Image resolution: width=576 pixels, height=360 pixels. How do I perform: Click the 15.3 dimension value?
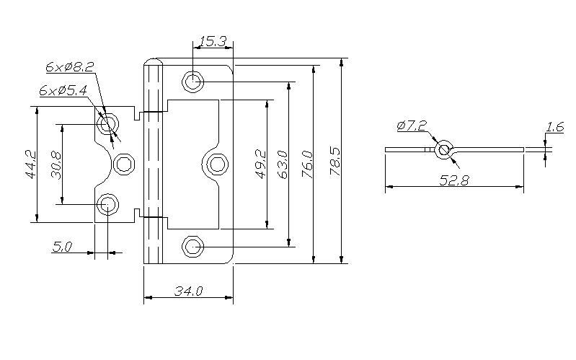[213, 41]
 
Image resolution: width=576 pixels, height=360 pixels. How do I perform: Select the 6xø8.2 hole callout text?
[70, 67]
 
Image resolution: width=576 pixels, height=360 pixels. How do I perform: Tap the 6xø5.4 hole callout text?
[63, 90]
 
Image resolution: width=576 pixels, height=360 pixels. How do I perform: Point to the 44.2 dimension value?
[31, 164]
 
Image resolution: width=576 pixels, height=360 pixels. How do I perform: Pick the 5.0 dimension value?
[63, 247]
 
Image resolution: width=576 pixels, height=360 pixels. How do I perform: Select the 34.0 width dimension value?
[188, 291]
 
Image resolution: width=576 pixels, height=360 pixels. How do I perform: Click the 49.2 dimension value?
[261, 164]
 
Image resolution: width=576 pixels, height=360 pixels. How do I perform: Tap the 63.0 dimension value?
[283, 164]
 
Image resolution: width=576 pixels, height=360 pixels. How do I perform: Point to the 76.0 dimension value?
[307, 164]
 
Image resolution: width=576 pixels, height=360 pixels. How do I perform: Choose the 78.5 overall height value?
[335, 163]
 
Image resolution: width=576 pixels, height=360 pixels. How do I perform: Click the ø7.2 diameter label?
[412, 126]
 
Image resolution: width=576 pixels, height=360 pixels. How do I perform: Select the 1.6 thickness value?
[554, 127]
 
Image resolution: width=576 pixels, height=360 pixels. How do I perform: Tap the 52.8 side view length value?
[454, 180]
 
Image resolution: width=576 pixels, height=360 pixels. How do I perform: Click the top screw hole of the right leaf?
[193, 81]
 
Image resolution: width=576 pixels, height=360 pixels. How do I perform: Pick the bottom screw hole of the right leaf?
[193, 247]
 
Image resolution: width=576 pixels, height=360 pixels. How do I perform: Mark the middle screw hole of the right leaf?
[217, 164]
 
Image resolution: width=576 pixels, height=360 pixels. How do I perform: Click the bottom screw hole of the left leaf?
[107, 204]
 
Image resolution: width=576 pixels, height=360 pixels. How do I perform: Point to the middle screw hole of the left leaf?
[124, 164]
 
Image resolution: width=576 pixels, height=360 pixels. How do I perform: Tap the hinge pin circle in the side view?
[444, 149]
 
